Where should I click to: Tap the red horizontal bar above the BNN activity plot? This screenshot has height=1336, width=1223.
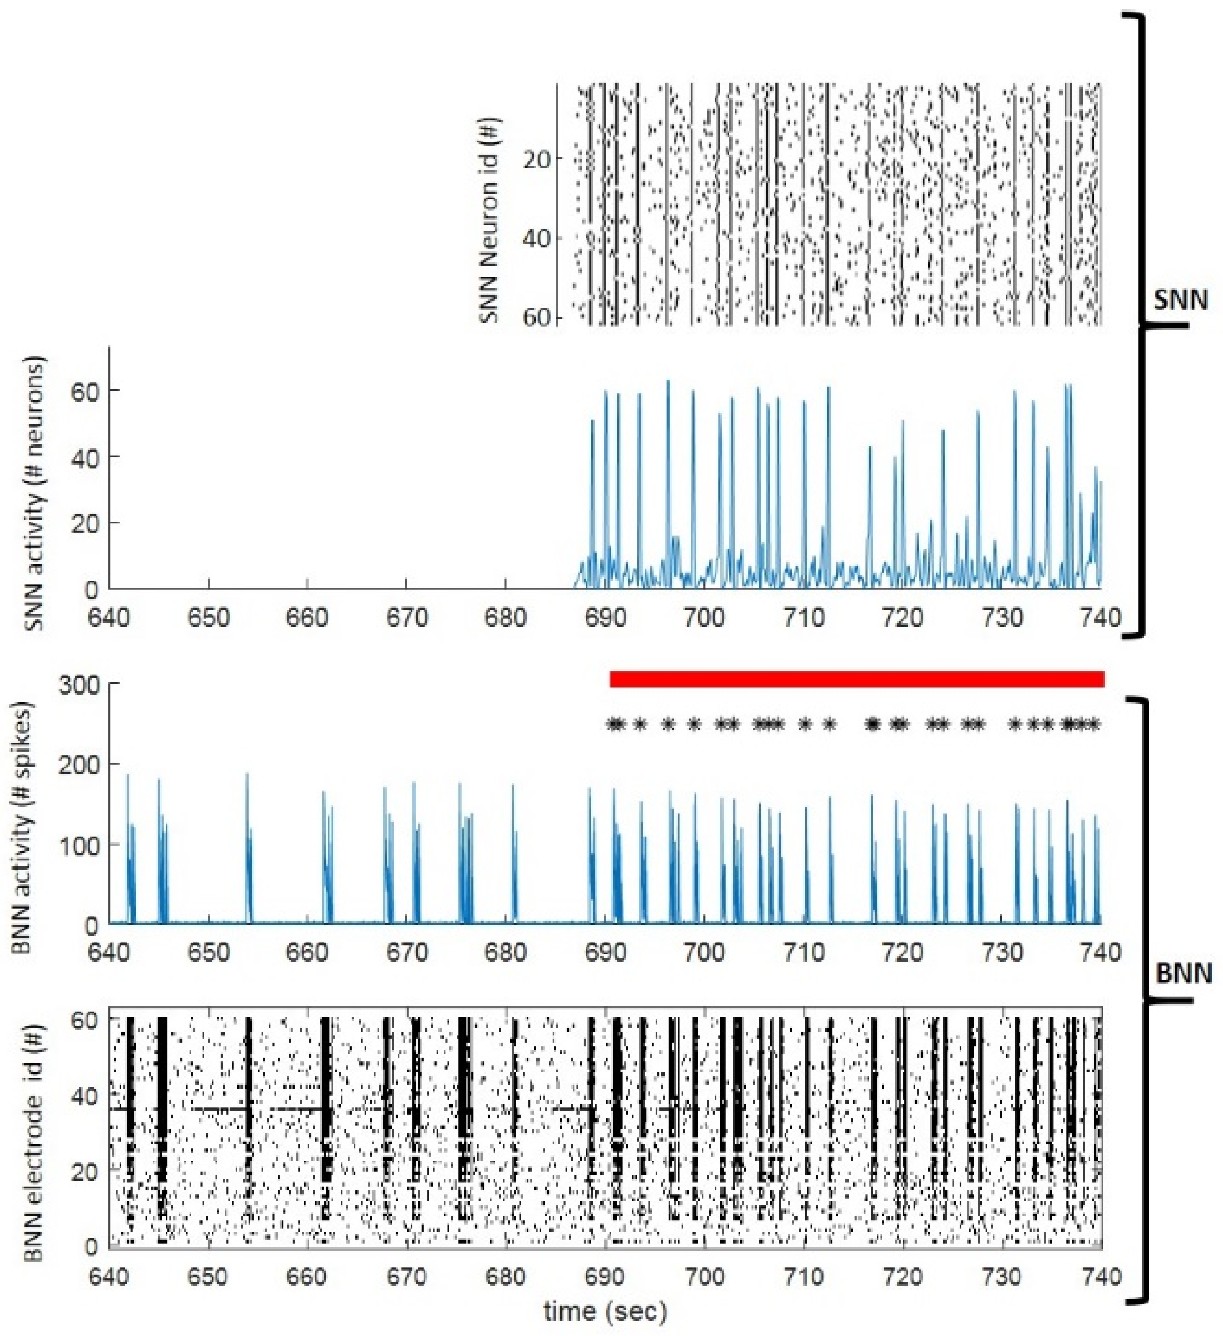pos(857,679)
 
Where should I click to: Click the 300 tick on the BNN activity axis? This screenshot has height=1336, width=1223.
pos(79,684)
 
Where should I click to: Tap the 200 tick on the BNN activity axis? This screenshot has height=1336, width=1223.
pos(79,764)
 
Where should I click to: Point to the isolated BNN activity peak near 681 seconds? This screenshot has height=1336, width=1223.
pos(512,786)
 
